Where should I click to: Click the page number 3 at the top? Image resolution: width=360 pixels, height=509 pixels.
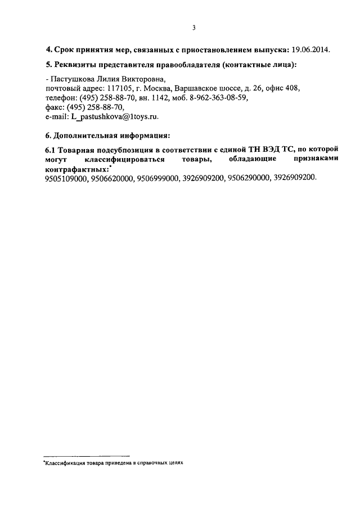[x=193, y=28]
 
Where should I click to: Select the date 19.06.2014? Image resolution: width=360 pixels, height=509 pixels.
[x=311, y=49]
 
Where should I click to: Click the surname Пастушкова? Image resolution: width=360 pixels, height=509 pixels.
[x=74, y=80]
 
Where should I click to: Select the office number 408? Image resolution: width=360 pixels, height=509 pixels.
[x=293, y=88]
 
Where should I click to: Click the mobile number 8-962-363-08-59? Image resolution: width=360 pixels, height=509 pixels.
[x=220, y=97]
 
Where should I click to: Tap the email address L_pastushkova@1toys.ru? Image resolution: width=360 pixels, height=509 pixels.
[x=114, y=116]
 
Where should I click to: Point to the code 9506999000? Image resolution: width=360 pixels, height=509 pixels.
[x=157, y=177]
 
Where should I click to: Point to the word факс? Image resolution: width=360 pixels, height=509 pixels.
[x=54, y=107]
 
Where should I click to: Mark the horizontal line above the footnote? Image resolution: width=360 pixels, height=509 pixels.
[x=87, y=455]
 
